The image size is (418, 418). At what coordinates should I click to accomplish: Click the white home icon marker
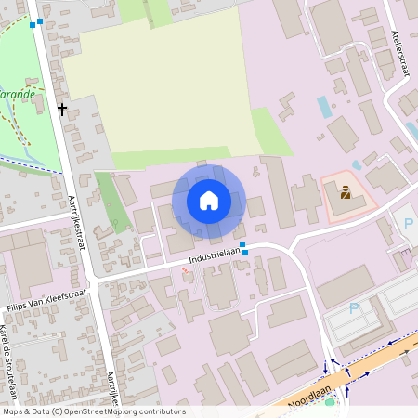209,201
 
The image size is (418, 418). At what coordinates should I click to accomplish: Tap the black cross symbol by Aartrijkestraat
62,109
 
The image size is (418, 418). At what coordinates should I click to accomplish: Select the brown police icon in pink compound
346,193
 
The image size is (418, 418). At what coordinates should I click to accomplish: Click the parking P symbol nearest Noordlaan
353,307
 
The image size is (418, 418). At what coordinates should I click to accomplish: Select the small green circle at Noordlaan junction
330,402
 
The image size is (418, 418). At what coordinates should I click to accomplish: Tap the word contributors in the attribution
165,411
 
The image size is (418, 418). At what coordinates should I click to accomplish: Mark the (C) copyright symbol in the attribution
58,411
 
